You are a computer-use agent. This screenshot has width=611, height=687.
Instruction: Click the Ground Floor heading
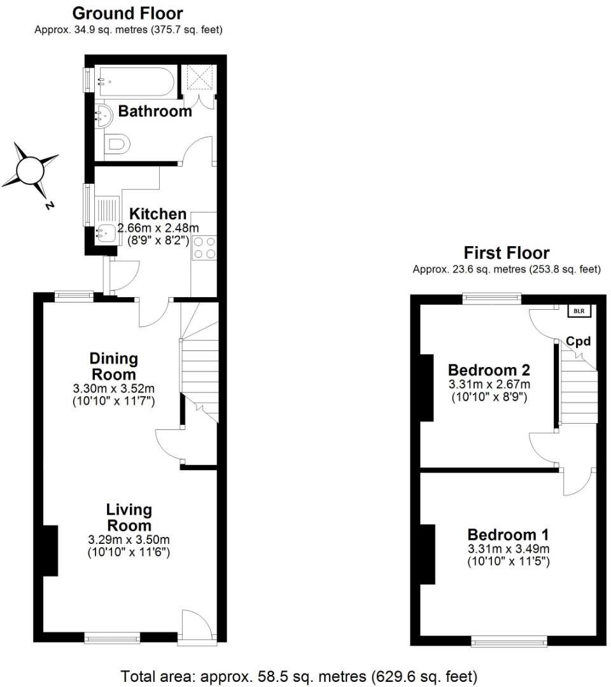(127, 13)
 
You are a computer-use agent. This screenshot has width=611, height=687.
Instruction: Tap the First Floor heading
(506, 253)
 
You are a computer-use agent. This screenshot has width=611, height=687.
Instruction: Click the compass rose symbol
(29, 170)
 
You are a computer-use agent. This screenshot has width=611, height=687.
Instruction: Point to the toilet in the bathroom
(118, 144)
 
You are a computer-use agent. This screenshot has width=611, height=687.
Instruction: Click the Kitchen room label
(158, 214)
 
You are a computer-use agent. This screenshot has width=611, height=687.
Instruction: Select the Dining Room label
(113, 366)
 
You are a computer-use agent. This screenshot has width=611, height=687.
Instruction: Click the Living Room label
(129, 517)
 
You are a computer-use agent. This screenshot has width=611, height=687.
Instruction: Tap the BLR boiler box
(579, 311)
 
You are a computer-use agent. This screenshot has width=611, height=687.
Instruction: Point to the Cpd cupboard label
(579, 342)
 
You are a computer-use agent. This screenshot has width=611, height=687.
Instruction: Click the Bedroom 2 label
(489, 370)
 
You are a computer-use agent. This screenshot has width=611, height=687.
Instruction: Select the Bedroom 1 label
(508, 534)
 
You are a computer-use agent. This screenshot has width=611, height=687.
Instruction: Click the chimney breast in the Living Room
(50, 551)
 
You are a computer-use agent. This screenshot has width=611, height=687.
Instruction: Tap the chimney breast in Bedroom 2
(426, 387)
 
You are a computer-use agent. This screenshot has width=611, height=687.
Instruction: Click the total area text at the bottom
(298, 675)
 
